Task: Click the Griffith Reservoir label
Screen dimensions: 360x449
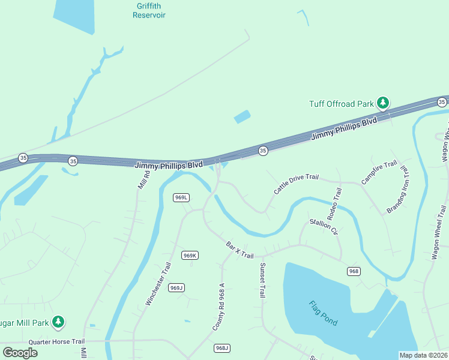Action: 149,10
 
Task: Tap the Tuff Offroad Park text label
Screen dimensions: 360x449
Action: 342,104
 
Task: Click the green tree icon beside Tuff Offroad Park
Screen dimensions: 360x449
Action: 383,103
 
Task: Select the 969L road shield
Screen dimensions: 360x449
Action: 181,197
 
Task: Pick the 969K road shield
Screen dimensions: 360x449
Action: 190,256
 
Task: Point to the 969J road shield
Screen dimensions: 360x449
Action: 176,288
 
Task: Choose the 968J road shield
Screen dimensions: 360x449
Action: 222,348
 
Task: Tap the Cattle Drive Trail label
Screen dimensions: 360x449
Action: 296,183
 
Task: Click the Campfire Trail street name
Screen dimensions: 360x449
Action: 379,172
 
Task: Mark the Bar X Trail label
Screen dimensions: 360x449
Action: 240,250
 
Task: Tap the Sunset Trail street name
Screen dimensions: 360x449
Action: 262,280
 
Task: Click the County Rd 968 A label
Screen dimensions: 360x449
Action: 218,307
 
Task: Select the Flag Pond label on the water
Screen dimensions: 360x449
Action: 323,313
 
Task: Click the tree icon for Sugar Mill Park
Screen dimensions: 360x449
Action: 58,323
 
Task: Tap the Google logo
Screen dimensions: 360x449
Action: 20,352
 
